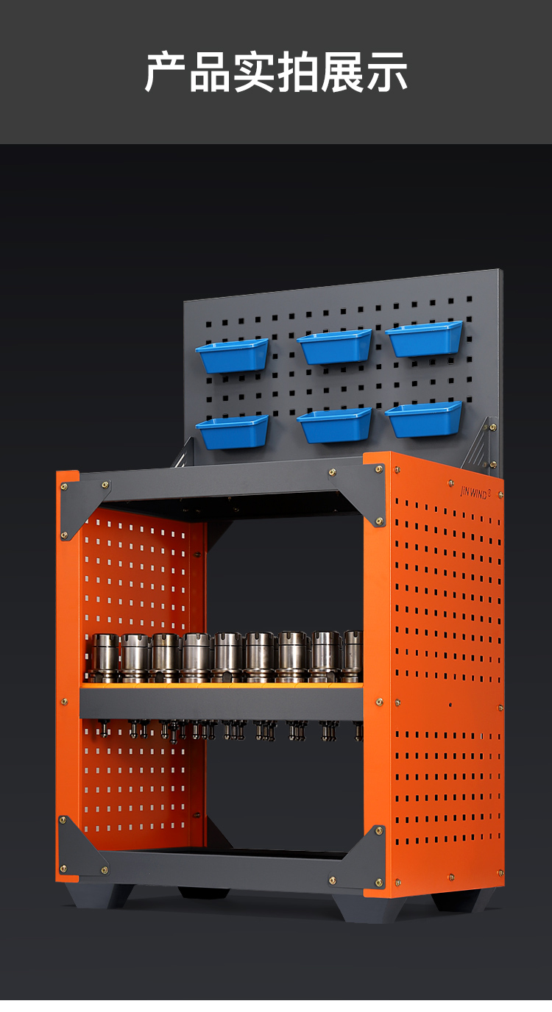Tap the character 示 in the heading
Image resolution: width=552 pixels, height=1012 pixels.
click(386, 72)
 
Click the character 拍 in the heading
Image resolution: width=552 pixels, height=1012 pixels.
click(298, 72)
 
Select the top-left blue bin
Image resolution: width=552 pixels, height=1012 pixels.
click(232, 355)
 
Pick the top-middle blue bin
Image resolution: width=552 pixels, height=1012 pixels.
click(335, 346)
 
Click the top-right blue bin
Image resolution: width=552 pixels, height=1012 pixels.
click(425, 339)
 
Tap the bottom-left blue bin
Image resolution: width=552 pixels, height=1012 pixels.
click(233, 432)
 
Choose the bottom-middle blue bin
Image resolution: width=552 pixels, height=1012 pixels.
click(335, 425)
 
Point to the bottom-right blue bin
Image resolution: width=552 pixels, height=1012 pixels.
click(425, 420)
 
